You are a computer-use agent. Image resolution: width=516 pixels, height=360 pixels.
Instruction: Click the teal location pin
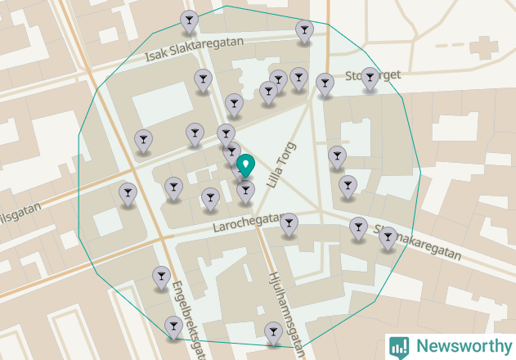coord(245,167)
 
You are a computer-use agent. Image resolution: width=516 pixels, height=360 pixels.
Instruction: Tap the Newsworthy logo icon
coord(399,346)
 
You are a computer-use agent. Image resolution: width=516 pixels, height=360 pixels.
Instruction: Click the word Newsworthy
coord(461,346)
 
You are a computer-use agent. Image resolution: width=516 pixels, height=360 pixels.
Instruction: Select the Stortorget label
coord(373,76)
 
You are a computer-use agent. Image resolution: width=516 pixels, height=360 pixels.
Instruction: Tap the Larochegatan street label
coord(247,222)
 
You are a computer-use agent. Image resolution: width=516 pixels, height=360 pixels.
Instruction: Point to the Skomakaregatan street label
coord(417,242)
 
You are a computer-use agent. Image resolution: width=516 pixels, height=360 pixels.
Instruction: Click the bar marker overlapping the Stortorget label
coord(370,78)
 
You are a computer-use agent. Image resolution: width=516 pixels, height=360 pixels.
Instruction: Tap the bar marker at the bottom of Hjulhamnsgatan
coord(274,332)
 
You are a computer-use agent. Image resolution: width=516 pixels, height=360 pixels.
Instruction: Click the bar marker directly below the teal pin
coord(245,192)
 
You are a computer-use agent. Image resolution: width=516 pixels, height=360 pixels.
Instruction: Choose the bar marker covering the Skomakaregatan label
coord(388,238)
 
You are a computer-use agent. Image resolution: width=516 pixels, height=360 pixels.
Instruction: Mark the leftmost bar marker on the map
coord(128,194)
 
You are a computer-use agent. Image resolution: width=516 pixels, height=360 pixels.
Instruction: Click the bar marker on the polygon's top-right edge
coord(304,31)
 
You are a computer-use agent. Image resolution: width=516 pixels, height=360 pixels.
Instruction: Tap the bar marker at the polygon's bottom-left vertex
coord(173,327)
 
